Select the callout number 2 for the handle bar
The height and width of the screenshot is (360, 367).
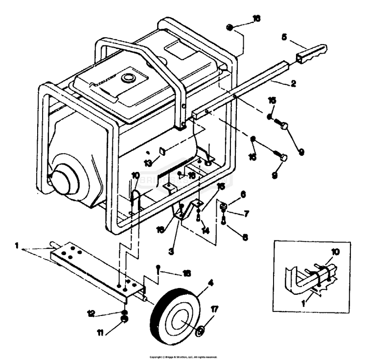pyautogui.click(x=294, y=83)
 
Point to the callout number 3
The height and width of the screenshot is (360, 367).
pyautogui.click(x=171, y=251)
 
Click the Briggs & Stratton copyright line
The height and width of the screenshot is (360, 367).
pyautogui.click(x=183, y=357)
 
